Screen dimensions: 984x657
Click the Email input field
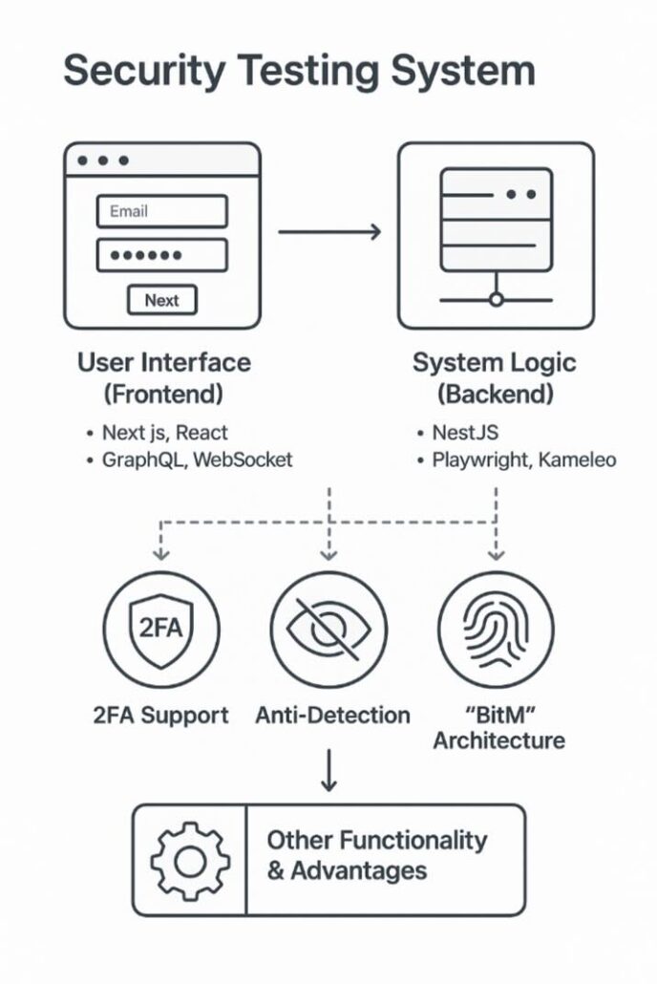(x=161, y=211)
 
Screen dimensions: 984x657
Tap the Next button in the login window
(x=161, y=300)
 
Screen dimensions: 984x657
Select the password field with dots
(x=161, y=256)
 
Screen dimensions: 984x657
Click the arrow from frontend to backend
(x=329, y=231)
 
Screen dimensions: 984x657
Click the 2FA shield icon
(x=160, y=630)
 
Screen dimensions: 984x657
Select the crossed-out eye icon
(x=328, y=630)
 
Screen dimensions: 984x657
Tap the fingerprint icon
(x=495, y=630)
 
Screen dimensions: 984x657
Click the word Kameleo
(x=578, y=460)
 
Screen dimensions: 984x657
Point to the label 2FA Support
(x=161, y=715)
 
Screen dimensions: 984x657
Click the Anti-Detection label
(x=332, y=715)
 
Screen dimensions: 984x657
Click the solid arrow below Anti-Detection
(x=328, y=772)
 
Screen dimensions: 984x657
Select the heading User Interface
(x=163, y=362)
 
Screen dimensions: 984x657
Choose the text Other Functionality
(x=376, y=841)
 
